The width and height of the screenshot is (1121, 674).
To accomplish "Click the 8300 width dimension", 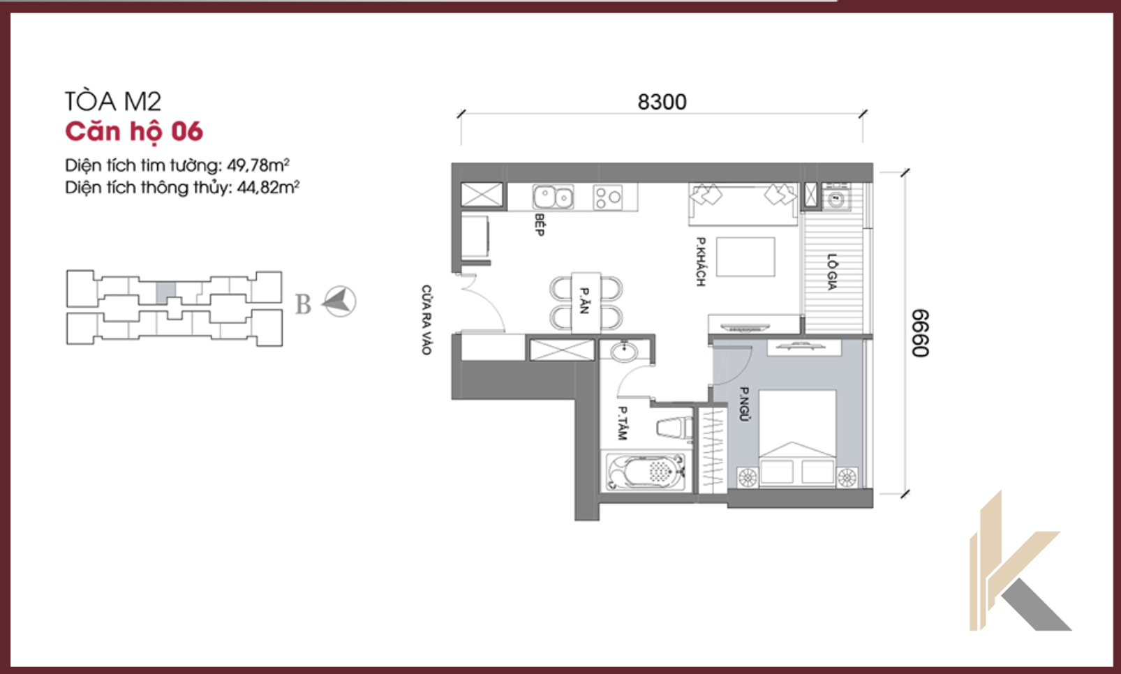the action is pyautogui.click(x=662, y=102).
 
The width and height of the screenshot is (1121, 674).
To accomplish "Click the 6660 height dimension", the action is pyautogui.click(x=920, y=334).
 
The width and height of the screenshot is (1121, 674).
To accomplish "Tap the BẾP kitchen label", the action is pyautogui.click(x=539, y=225).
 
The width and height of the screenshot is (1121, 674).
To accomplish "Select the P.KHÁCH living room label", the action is pyautogui.click(x=701, y=262).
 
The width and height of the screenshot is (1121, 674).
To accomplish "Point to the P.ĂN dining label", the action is pyautogui.click(x=584, y=300).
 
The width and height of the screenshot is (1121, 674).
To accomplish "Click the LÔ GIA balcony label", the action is pyautogui.click(x=832, y=271).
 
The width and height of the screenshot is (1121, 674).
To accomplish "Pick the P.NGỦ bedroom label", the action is pyautogui.click(x=744, y=404).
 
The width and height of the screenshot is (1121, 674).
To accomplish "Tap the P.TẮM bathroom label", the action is pyautogui.click(x=622, y=423).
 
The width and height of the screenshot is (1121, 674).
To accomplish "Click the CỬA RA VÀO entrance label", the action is pyautogui.click(x=426, y=320).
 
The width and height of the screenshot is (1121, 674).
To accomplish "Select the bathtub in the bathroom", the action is pyautogui.click(x=646, y=472).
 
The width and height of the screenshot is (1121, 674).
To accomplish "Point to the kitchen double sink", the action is pyautogui.click(x=553, y=197).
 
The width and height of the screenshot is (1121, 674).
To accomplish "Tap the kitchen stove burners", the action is pyautogui.click(x=608, y=197).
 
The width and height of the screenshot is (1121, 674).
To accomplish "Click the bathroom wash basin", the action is pyautogui.click(x=624, y=351).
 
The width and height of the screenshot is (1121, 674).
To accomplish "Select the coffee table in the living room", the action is pyautogui.click(x=745, y=257).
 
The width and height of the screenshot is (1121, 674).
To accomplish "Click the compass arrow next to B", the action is pyautogui.click(x=339, y=301).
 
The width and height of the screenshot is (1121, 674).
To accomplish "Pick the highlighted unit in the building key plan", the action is pyautogui.click(x=165, y=293).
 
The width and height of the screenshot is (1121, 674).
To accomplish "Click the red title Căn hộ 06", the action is pyautogui.click(x=134, y=133).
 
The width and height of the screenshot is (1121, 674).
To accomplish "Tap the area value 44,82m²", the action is pyautogui.click(x=268, y=187).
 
